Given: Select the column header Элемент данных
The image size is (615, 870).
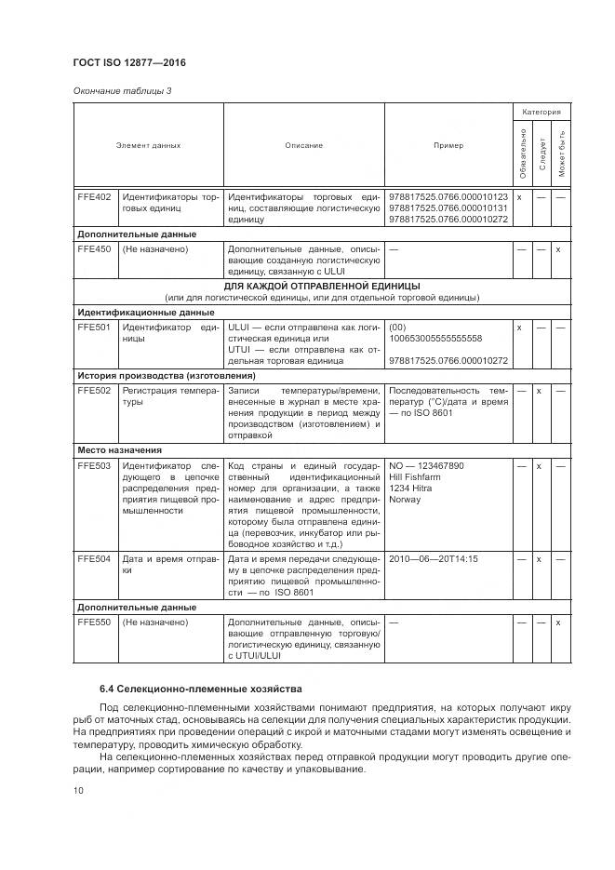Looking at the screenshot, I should (148, 145).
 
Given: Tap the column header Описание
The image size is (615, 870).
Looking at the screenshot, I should (303, 145).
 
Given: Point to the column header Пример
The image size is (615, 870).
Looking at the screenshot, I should (448, 145).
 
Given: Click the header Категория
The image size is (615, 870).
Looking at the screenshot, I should (541, 112).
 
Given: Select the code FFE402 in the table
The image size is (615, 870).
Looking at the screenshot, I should (94, 197).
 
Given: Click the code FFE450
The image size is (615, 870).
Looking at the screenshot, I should (94, 249).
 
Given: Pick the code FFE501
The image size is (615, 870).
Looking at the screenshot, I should (94, 328).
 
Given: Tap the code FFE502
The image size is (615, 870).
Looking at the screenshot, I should (94, 391).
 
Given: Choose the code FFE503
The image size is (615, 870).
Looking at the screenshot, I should (94, 465).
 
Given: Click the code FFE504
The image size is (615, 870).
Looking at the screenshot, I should (94, 559).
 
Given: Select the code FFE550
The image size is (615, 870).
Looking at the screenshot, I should (94, 622).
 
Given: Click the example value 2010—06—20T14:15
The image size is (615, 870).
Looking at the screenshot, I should (433, 559).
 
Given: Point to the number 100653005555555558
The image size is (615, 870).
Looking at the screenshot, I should (435, 339).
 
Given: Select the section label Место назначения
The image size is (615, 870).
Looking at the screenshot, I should (119, 449).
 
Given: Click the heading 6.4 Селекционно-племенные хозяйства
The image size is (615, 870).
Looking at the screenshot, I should (201, 689).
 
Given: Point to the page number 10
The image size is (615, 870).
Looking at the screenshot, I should (78, 790).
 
